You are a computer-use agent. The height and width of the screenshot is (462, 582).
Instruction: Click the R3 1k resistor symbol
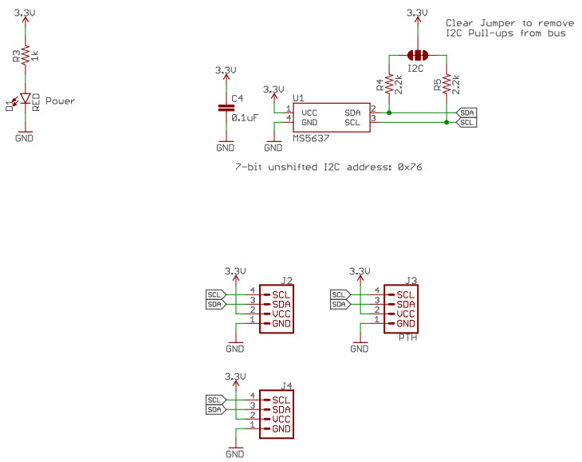click(x=26, y=54)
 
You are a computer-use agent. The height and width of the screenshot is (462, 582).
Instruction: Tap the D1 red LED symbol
click(x=26, y=101)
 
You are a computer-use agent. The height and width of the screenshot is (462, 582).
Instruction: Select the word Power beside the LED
click(x=61, y=101)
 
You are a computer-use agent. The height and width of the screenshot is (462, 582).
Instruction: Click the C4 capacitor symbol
click(x=226, y=109)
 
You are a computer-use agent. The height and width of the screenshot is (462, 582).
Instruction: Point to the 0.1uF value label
click(x=245, y=117)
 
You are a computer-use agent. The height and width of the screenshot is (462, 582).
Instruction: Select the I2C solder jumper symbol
click(x=417, y=55)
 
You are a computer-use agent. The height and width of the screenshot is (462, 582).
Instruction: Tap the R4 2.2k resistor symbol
click(x=388, y=84)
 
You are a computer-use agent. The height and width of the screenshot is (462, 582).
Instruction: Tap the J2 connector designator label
click(x=286, y=280)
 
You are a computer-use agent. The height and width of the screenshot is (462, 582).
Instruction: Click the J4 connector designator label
click(x=286, y=385)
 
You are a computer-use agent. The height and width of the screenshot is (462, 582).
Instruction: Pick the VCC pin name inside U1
click(x=311, y=113)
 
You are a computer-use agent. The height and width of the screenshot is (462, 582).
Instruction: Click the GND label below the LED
click(x=26, y=138)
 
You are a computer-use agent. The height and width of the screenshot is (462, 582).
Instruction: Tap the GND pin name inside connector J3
click(x=405, y=323)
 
